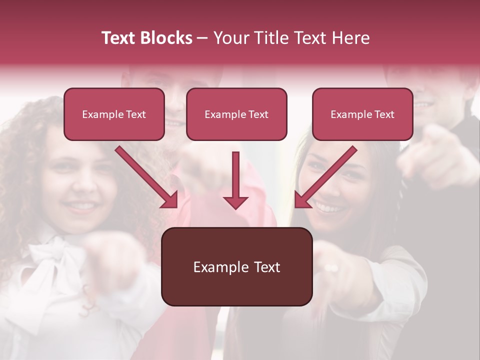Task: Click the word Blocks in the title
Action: point(167,38)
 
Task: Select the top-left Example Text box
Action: point(114,114)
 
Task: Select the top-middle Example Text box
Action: point(236,114)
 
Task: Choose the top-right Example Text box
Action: point(362,114)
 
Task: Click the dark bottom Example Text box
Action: point(236,266)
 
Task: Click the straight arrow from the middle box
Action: point(235,180)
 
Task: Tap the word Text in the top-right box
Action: point(384,114)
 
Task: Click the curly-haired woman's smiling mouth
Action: point(80,205)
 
